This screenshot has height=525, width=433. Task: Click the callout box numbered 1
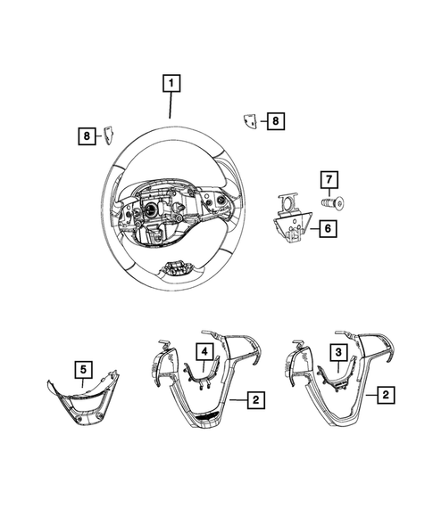pyautogui.click(x=170, y=86)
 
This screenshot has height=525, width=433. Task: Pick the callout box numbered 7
pyautogui.click(x=328, y=181)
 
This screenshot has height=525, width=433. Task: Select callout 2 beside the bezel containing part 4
pyautogui.click(x=256, y=401)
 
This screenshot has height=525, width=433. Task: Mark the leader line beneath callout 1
pyautogui.click(x=170, y=106)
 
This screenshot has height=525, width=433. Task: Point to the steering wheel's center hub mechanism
pyautogui.click(x=156, y=218)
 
